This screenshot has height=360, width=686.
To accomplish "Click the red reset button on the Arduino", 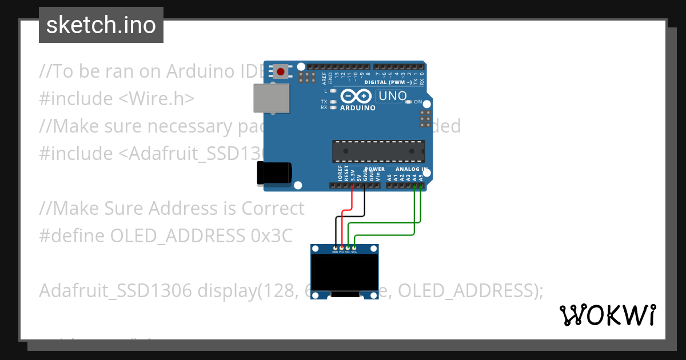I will point(281,72).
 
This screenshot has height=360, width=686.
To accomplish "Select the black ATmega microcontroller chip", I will point(378,151).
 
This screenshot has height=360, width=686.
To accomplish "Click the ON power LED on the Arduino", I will point(408,102).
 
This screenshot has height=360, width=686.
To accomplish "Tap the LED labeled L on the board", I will point(332,91).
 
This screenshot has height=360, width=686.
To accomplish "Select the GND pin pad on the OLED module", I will point(335,248).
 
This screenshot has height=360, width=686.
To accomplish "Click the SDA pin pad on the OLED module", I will point(354,248).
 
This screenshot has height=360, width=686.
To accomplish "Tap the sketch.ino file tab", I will point(101,25).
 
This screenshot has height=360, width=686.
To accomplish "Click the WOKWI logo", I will point(607,315).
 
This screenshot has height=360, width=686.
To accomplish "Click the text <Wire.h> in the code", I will point(156,98).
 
